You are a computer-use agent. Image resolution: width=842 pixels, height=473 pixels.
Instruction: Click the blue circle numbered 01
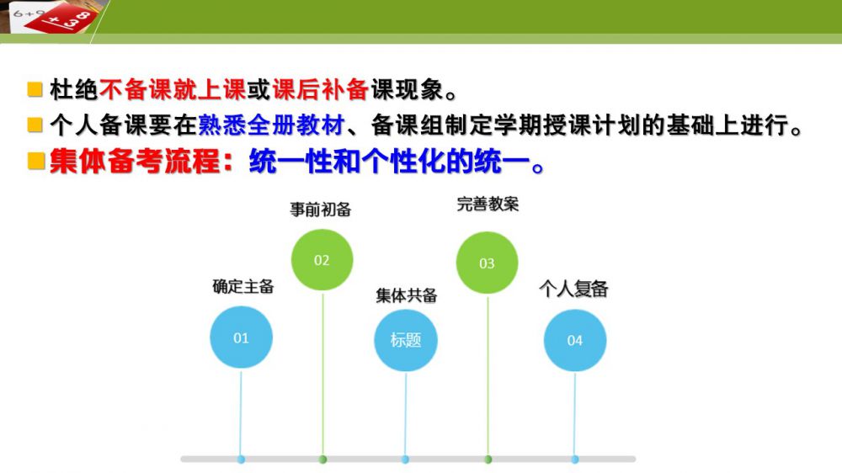click(x=241, y=337)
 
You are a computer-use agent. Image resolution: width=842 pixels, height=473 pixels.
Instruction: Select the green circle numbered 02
click(x=322, y=260)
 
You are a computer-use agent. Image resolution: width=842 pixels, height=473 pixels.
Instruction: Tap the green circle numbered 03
click(x=487, y=263)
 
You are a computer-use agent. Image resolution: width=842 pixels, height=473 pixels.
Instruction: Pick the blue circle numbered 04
click(x=574, y=340)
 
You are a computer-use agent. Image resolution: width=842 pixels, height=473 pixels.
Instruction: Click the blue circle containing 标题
click(x=406, y=340)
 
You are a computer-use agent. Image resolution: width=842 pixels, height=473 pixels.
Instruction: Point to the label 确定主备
click(x=243, y=286)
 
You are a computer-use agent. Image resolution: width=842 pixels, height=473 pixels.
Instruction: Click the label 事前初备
click(x=321, y=209)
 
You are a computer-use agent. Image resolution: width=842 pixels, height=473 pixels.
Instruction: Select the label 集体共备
click(x=407, y=295)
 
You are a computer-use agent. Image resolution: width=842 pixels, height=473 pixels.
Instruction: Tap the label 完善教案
click(x=488, y=204)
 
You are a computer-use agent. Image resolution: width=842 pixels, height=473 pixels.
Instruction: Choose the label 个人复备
click(x=573, y=289)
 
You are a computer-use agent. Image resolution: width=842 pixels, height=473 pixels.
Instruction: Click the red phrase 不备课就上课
click(x=173, y=90)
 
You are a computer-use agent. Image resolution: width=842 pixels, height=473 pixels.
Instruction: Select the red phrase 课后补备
click(x=321, y=90)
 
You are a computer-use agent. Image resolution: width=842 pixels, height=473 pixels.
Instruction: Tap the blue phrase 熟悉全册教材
click(x=271, y=125)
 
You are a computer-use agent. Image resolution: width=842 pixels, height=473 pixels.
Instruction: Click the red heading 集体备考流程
click(x=136, y=161)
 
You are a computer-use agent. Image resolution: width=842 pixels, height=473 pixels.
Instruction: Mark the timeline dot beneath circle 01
click(x=241, y=460)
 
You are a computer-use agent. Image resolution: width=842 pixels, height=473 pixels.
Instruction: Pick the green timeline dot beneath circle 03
click(x=488, y=460)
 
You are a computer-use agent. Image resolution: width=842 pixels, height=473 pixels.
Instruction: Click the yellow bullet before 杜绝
click(x=35, y=90)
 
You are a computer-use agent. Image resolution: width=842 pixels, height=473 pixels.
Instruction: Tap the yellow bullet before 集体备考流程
click(x=36, y=161)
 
